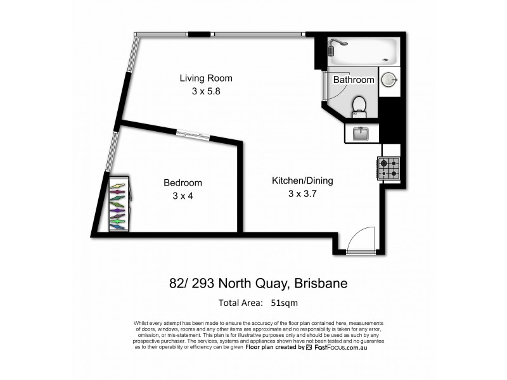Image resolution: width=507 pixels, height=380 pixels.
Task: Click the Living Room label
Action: point(206,79)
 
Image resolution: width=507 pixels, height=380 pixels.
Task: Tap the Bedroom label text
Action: point(183,183)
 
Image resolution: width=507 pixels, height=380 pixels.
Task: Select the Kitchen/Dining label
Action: point(302,180)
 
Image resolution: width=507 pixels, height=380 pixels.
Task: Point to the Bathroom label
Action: point(354,80)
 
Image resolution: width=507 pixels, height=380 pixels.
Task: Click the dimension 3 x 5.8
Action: point(206,91)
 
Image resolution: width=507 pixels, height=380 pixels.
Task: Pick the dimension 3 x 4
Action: point(183,196)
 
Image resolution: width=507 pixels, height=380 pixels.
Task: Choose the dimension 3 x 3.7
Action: point(302,193)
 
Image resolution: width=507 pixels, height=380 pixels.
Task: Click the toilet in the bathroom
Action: point(359,106)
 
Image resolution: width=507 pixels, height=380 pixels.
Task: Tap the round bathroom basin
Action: point(389,80)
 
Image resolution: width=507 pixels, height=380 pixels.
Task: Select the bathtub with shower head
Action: point(363,52)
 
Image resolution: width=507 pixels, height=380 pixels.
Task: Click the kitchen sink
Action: point(361,133)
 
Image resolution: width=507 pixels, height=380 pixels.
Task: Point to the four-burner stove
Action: point(389,168)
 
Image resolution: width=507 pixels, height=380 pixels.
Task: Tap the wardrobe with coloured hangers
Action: point(119,204)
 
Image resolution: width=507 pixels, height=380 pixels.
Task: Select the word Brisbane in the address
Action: point(325,283)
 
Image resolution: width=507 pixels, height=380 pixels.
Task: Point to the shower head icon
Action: point(339,44)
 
